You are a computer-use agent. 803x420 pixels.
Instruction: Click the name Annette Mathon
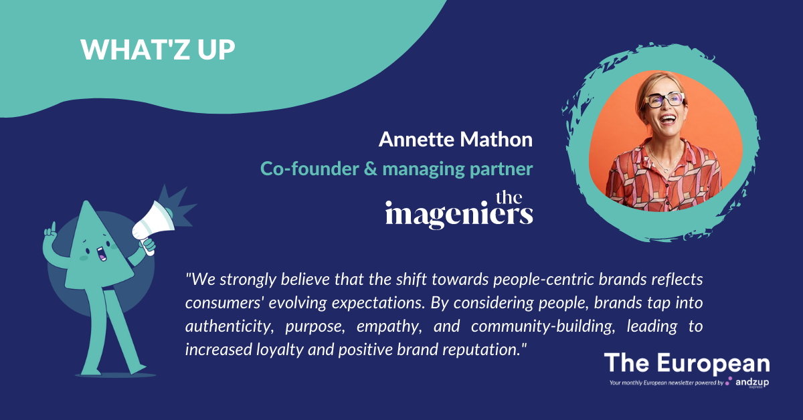tap(456, 139)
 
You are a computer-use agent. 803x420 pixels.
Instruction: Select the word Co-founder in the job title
tap(310, 169)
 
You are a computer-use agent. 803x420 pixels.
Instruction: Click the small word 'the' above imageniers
tap(509, 197)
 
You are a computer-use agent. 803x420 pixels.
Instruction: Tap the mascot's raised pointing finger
tap(54, 227)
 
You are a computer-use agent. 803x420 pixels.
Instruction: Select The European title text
tap(687, 363)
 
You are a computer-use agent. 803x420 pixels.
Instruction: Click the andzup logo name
tap(752, 383)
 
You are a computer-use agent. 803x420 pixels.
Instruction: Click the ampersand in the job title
tap(371, 169)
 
